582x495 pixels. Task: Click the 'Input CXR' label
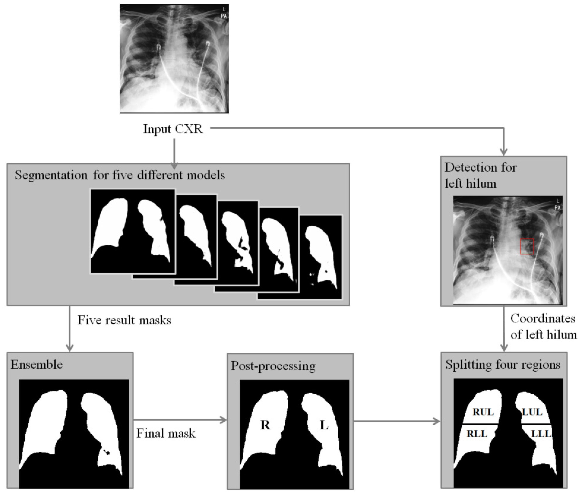pyautogui.click(x=173, y=129)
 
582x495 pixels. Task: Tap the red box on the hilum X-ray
pyautogui.click(x=526, y=246)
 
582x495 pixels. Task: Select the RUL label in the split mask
pyautogui.click(x=483, y=412)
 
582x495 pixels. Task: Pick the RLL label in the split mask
pyautogui.click(x=477, y=434)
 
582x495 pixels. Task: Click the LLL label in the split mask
pyautogui.click(x=541, y=434)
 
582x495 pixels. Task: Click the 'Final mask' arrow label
pyautogui.click(x=166, y=434)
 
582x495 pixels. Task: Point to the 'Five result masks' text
pyautogui.click(x=124, y=320)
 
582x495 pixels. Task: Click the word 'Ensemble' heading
pyautogui.click(x=36, y=365)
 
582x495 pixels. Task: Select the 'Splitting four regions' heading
pyautogui.click(x=502, y=365)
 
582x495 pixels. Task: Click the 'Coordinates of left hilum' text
pyautogui.click(x=543, y=326)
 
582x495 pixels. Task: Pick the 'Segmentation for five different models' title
pyautogui.click(x=120, y=175)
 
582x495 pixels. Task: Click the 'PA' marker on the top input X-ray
pyautogui.click(x=223, y=16)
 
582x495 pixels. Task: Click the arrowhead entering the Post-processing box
pyautogui.click(x=224, y=420)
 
